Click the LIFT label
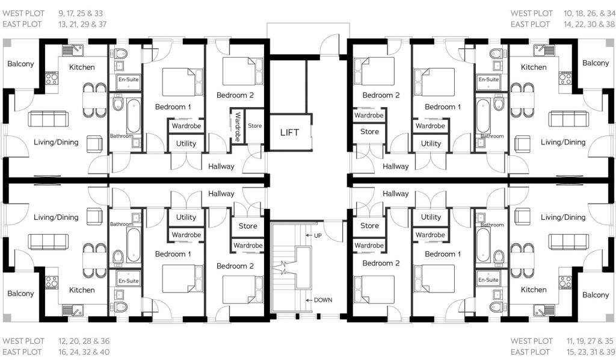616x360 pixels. (289, 132)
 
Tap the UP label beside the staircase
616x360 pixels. (318, 235)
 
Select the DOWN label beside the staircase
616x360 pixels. (323, 300)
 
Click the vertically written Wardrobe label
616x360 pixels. (238, 127)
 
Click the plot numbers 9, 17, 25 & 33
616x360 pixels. (81, 13)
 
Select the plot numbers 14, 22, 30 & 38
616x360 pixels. (590, 24)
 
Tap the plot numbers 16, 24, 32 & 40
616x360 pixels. (84, 352)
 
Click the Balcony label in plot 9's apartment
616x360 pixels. (20, 64)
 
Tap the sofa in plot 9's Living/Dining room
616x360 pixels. (48, 119)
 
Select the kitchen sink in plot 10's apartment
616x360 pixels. (544, 51)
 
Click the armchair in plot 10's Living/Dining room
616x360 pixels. (522, 144)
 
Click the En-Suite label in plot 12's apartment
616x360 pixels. (129, 281)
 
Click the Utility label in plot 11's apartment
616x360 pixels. (431, 217)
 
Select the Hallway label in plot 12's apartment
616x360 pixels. (221, 193)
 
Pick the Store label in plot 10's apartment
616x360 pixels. (370, 132)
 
